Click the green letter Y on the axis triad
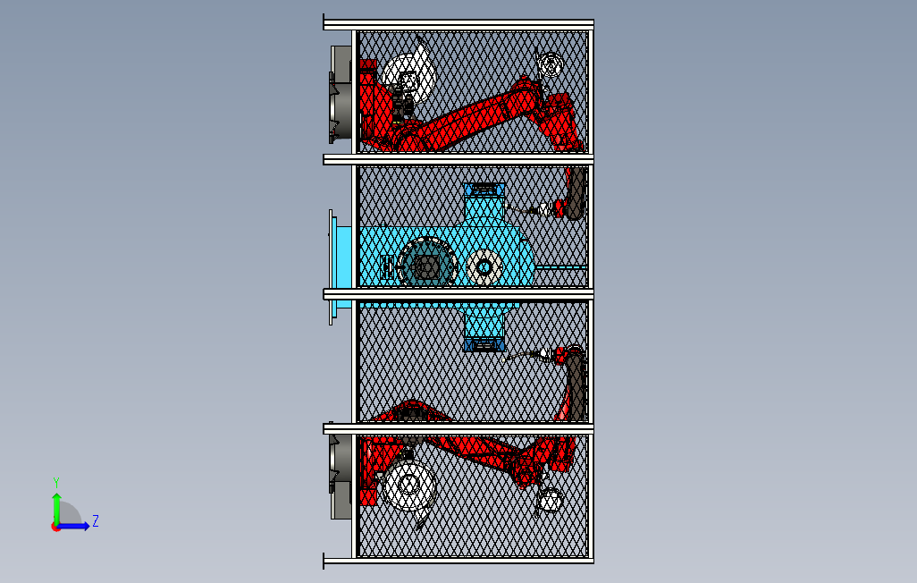click(56, 482)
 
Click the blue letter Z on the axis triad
click(96, 520)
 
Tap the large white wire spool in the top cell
click(409, 75)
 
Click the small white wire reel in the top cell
click(550, 64)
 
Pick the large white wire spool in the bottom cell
click(408, 485)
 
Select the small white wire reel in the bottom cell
click(551, 501)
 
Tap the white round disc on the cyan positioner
click(484, 267)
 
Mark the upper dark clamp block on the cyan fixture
click(484, 190)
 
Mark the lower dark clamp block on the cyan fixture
click(484, 345)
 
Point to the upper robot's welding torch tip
click(505, 205)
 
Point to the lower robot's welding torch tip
click(504, 360)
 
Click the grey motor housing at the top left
click(341, 94)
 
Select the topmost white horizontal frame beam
click(458, 24)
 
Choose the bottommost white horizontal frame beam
click(458, 560)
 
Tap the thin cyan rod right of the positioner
click(561, 267)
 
